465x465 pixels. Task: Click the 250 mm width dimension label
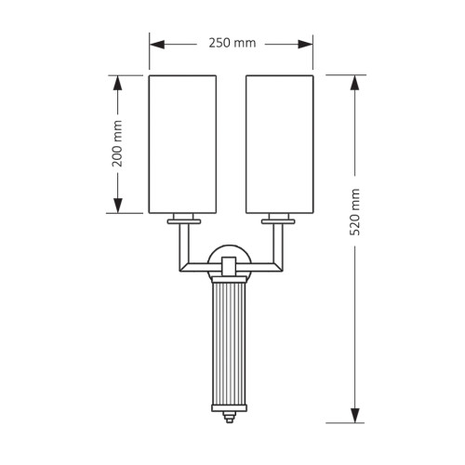tap(232, 43)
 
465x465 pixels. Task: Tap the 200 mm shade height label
tap(117, 143)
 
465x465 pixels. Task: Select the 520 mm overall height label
tap(354, 212)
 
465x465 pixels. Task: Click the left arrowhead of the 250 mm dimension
tap(157, 45)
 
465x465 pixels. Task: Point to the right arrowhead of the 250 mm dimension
tap(305, 45)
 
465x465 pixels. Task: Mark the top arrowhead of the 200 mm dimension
tap(117, 83)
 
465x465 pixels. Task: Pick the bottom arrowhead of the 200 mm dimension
tap(117, 206)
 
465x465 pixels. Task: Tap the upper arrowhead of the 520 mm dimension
tap(355, 83)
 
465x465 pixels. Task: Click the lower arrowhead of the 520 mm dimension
tap(355, 415)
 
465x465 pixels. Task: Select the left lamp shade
tap(182, 144)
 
